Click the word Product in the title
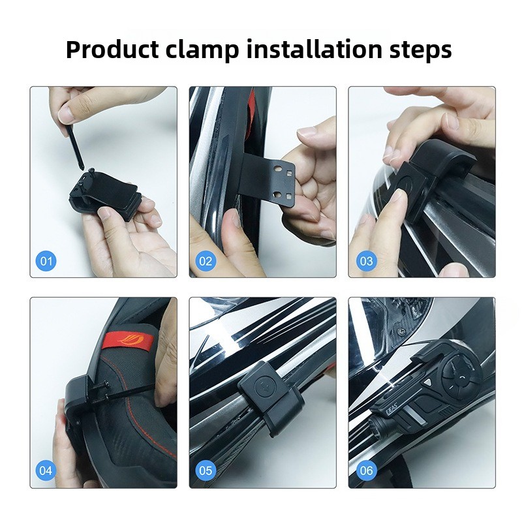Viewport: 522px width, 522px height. (x=112, y=50)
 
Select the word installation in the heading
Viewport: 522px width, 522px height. (x=314, y=49)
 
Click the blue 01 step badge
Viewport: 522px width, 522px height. (x=46, y=260)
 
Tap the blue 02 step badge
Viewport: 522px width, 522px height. (x=206, y=260)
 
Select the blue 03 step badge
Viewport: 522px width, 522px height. (x=366, y=260)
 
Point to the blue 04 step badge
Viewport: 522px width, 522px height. (x=46, y=470)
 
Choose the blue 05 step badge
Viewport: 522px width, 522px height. (x=206, y=470)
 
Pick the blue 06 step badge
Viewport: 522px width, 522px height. (x=366, y=470)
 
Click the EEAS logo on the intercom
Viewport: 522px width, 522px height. (x=391, y=409)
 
